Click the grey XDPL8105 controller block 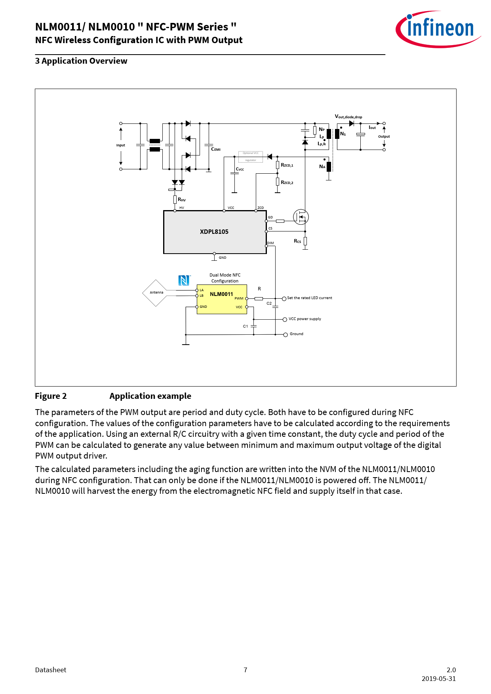(215, 232)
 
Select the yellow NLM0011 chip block (222, 299)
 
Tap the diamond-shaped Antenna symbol (156, 293)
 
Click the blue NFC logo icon (184, 280)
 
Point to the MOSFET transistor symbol (301, 217)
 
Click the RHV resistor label (182, 200)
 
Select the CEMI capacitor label (216, 149)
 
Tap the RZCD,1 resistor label (287, 165)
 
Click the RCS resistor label (297, 241)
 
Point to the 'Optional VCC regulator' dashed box (251, 156)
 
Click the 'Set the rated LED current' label (310, 298)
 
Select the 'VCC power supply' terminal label (305, 319)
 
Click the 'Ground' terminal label (297, 334)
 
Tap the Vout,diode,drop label (348, 117)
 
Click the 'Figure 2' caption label (51, 396)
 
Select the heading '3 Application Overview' (81, 61)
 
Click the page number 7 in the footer (246, 670)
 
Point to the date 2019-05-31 (439, 679)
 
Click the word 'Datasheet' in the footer (51, 670)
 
